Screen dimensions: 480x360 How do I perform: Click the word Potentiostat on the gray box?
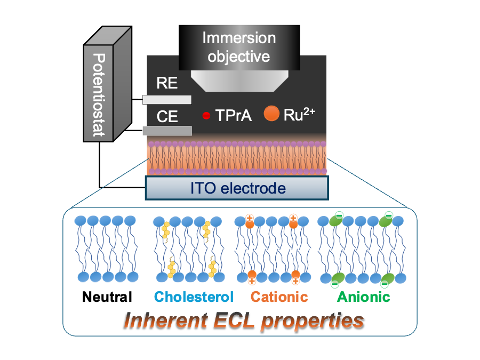(99, 95)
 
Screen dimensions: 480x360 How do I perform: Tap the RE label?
(167, 83)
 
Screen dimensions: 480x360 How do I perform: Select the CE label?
(167, 117)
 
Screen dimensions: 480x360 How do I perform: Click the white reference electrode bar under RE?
(167, 100)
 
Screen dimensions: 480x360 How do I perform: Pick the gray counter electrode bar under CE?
(167, 131)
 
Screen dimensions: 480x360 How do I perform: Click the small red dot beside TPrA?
(206, 116)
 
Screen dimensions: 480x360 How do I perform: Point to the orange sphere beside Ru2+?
(271, 113)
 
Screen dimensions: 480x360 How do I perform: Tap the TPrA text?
(234, 115)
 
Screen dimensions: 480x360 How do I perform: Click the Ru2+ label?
(299, 115)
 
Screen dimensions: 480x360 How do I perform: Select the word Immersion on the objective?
(239, 38)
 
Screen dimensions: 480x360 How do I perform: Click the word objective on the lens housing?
(239, 57)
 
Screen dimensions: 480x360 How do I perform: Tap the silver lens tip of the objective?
(239, 81)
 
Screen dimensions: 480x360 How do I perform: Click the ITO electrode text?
(238, 188)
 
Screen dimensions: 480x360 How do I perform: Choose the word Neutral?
(107, 297)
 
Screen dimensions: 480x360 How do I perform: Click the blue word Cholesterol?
(194, 297)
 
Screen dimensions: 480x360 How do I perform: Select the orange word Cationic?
(279, 297)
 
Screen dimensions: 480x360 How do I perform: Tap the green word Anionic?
(364, 297)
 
